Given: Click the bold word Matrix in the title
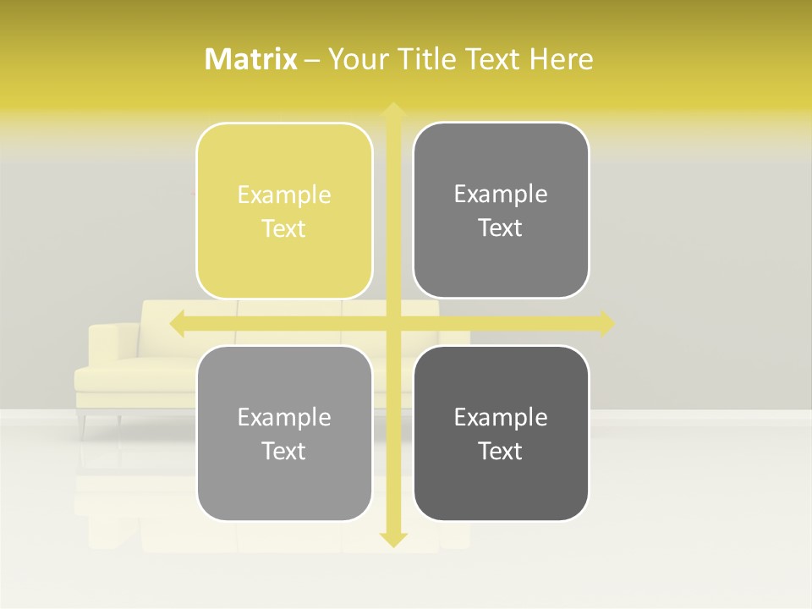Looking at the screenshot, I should (251, 59).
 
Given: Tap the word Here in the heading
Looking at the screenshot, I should (561, 59).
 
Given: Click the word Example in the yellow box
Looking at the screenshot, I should (284, 195).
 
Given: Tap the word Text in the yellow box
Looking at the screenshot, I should (284, 229).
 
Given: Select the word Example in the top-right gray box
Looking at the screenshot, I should (501, 195).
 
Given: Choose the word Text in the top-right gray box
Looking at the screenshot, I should (501, 228).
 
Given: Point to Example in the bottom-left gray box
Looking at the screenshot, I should (284, 418).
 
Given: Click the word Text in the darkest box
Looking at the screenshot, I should (501, 452).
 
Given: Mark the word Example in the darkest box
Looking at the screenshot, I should (501, 418).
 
